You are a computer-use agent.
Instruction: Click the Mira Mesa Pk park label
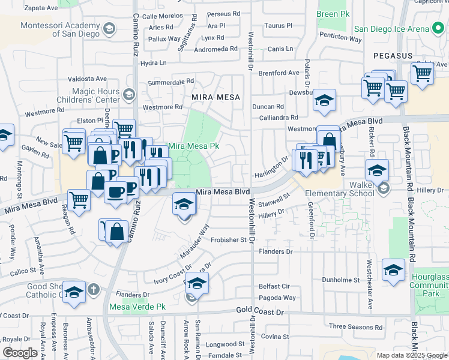[193, 146]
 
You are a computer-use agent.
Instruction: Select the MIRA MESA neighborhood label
[215, 97]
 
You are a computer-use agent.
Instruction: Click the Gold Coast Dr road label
[259, 313]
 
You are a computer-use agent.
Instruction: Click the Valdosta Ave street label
[87, 79]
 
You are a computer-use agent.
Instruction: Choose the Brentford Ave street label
[279, 73]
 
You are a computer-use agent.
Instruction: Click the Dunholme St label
[340, 280]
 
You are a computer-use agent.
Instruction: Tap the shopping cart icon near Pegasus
[422, 74]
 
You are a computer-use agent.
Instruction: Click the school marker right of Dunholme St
[393, 271]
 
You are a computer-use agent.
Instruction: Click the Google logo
[20, 353]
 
